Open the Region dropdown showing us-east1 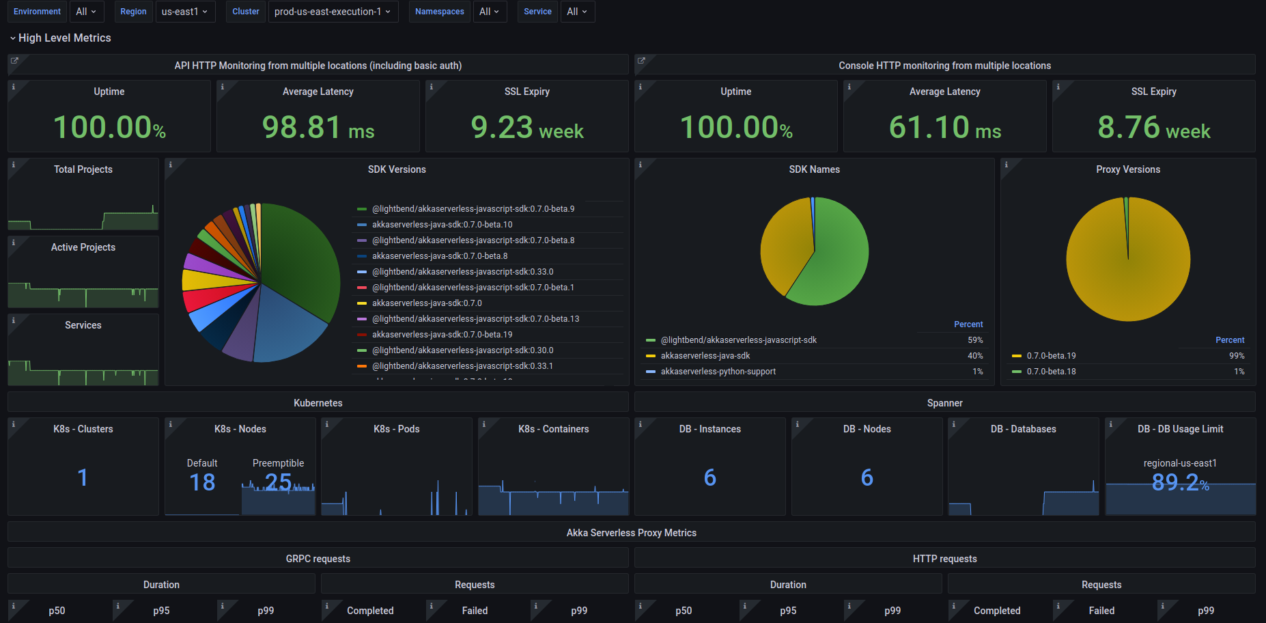184,12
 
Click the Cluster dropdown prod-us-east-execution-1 332,12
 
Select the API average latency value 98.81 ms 318,127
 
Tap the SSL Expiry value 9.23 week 527,127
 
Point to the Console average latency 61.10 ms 945,127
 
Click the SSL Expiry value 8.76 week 1154,127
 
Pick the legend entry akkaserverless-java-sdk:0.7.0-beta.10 442,225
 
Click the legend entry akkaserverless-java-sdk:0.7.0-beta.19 442,335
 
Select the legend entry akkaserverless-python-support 718,372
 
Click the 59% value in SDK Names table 975,340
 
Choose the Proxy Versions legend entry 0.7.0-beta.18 1052,372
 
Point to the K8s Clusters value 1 83,477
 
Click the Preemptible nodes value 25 279,482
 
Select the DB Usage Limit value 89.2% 1180,482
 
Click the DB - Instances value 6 710,477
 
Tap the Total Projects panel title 83,169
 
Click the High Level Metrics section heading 64,38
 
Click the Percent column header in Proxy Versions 1230,340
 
